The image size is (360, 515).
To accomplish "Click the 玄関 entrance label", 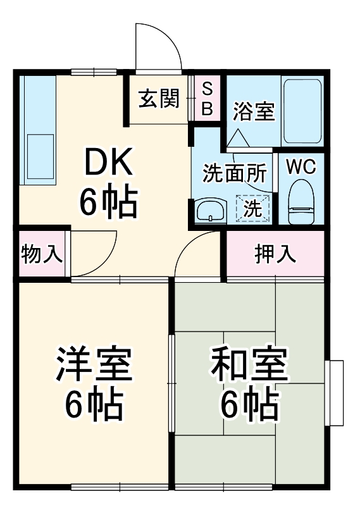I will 159,99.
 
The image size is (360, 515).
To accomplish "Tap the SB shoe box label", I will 207,99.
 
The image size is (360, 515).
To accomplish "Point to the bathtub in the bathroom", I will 303,111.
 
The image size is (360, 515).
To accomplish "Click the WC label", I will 301,167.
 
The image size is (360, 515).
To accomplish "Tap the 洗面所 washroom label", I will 234,174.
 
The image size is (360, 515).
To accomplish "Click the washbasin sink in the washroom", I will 211,211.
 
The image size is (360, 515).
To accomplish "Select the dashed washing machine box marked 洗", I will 253,208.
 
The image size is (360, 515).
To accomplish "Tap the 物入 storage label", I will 42,254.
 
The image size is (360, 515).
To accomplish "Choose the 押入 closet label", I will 275,254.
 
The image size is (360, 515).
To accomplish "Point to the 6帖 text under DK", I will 109,202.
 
